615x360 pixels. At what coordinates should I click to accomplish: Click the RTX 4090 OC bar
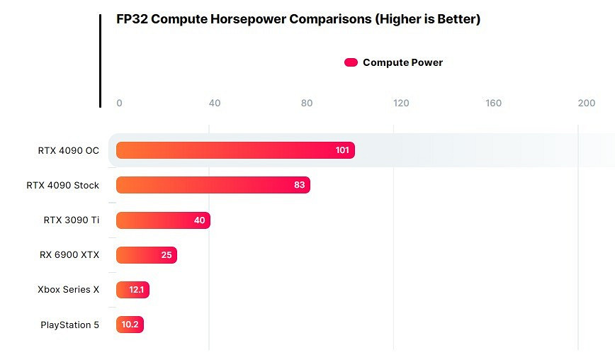coord(234,150)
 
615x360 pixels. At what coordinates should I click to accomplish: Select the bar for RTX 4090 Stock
coord(213,185)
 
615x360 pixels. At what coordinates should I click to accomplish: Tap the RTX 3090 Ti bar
coord(163,220)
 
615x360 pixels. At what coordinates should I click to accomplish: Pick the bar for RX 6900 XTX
coord(146,254)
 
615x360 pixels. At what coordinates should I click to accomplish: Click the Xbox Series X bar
coord(132,289)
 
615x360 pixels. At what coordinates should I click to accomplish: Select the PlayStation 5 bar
coord(130,325)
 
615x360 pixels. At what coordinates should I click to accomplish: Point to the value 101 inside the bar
coord(342,150)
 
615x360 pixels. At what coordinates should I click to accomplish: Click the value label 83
coord(299,185)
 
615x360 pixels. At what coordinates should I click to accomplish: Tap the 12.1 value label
coord(137,289)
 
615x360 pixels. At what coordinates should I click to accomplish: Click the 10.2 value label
coord(130,325)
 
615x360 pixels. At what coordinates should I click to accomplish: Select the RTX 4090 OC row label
coord(68,150)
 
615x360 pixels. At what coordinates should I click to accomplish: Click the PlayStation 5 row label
coord(69,325)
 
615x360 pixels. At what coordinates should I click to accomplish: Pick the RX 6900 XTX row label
coord(69,254)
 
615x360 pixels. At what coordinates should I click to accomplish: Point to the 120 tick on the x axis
coord(401,103)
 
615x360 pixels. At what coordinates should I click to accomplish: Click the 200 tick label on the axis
coord(586,103)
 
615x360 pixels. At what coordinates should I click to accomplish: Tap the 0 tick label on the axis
coord(119,103)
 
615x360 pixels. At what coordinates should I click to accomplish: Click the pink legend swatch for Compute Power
coord(351,62)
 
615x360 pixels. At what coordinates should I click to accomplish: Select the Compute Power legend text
coord(402,62)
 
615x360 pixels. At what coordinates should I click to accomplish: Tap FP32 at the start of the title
coord(132,19)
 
